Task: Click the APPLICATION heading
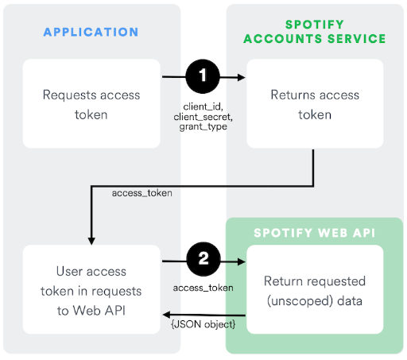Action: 91,33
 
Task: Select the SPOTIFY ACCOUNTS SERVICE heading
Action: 315,31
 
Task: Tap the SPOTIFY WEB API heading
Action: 315,233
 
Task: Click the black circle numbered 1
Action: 203,77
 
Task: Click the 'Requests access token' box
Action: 91,103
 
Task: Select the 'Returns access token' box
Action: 315,103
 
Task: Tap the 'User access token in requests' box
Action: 91,289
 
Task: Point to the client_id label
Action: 203,105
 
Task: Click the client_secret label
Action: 203,115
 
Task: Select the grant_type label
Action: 203,126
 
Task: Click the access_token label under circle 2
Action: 203,287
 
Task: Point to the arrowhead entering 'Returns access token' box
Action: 242,77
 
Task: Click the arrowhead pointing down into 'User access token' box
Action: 91,240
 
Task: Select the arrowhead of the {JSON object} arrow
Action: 167,315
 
